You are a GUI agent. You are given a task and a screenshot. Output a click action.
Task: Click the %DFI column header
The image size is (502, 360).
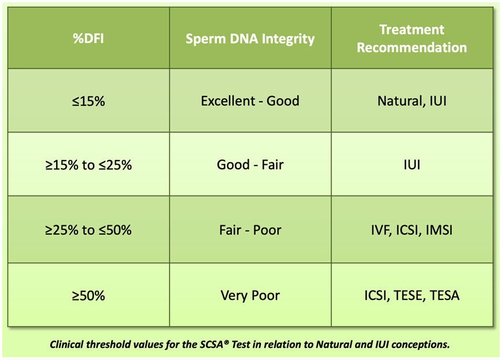coord(88,38)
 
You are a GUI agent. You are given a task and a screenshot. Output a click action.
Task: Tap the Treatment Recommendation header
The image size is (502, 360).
coord(412,38)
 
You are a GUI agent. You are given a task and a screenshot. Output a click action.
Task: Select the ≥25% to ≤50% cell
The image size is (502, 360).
coord(88,230)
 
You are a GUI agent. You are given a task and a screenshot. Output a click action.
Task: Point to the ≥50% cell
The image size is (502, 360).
coord(88,295)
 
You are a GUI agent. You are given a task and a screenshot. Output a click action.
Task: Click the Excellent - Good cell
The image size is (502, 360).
coord(250,101)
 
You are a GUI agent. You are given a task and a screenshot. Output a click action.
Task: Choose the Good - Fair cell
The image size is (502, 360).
coord(250,165)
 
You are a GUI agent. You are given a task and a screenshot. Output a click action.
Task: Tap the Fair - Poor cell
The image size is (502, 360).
coord(250,230)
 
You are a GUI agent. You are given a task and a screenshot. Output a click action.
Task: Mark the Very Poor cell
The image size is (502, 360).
coord(250,295)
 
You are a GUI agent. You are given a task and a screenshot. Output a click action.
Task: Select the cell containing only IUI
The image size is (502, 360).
coord(412,165)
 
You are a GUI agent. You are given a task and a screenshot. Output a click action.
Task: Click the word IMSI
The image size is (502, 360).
coord(440,230)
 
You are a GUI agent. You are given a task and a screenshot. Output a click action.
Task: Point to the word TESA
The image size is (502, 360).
coord(445,295)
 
